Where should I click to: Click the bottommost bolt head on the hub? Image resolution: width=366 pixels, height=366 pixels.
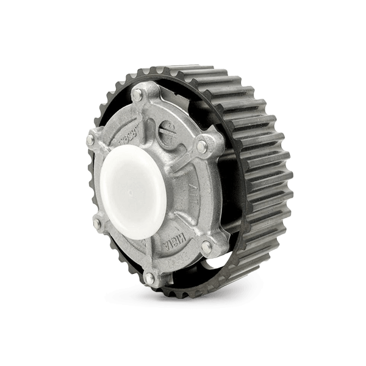click(x=149, y=278)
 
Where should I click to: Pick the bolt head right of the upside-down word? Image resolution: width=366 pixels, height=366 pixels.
click(x=206, y=245)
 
